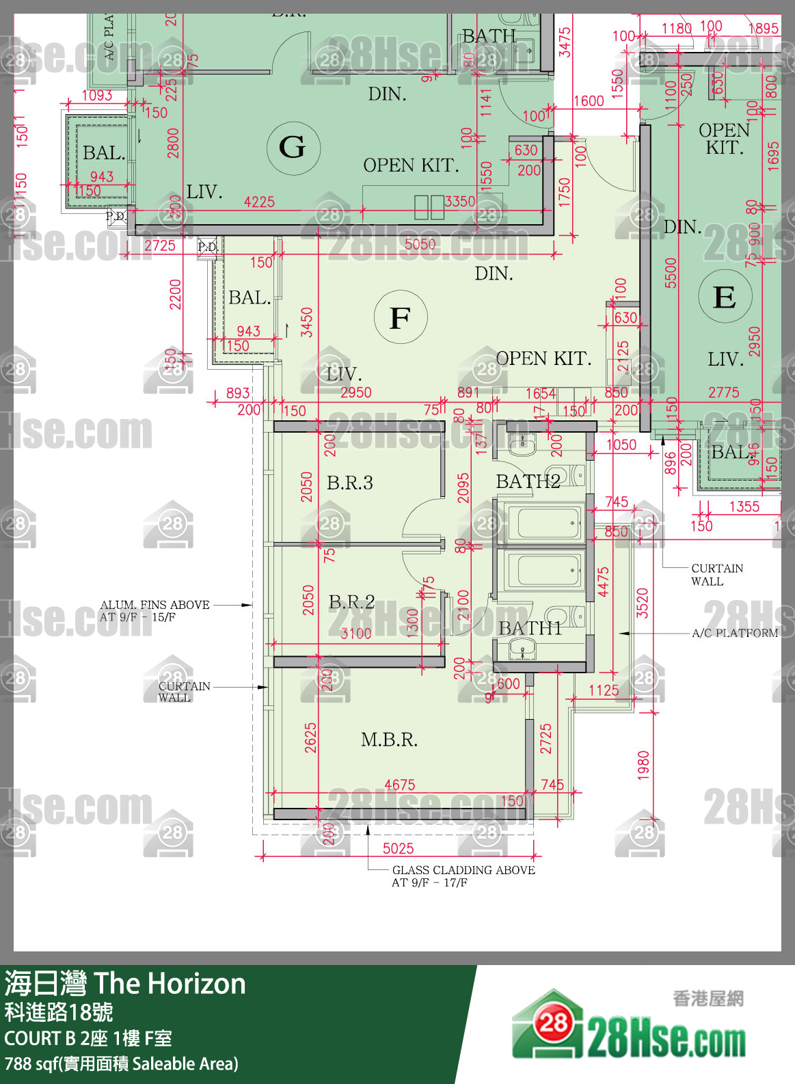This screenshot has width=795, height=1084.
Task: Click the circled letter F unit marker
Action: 401,318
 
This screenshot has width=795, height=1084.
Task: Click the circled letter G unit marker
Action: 293,147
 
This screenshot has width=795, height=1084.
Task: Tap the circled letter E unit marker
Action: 725,297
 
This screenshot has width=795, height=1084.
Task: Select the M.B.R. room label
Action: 389,740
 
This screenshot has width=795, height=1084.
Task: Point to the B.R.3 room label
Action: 349,483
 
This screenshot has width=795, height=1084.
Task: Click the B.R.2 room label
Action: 351,601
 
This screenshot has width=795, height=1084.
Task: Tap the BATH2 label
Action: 528,481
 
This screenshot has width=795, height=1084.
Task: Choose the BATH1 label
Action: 530,627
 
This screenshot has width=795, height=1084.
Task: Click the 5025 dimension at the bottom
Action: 398,848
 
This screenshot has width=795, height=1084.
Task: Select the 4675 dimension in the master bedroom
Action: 399,785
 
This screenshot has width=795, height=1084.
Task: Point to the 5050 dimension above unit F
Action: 419,244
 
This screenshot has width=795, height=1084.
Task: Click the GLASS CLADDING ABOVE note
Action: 463,870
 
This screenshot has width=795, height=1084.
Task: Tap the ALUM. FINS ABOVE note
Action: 154,605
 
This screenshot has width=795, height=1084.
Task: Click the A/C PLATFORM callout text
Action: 734,633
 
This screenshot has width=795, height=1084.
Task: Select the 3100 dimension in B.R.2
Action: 355,633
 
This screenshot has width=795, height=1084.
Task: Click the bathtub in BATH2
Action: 544,524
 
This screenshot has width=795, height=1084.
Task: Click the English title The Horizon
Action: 170,984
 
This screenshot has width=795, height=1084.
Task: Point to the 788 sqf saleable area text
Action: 122,1063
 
